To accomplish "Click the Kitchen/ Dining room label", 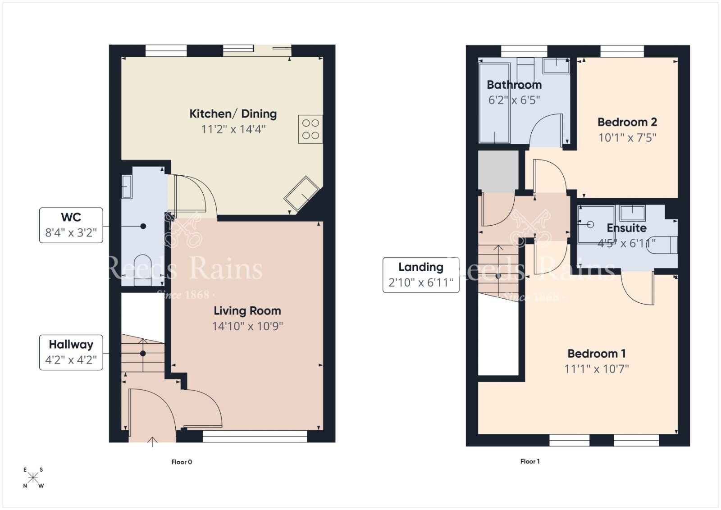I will [233, 114].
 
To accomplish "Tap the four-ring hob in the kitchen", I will [310, 129].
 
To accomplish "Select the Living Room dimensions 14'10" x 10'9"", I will [247, 326].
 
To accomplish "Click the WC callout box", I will [71, 225].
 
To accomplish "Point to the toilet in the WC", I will [142, 269].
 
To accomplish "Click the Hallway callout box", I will [71, 352].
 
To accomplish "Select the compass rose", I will [33, 478].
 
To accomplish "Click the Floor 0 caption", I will [182, 462].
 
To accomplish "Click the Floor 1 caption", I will [530, 461].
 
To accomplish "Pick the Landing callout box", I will [421, 275].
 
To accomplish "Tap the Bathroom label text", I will [514, 85].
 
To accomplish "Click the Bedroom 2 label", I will [627, 122].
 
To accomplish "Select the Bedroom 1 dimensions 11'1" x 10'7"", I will [597, 369].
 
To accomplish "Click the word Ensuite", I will [626, 228].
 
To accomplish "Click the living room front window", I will [255, 435].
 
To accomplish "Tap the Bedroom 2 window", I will [622, 51].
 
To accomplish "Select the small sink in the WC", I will [127, 187].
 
